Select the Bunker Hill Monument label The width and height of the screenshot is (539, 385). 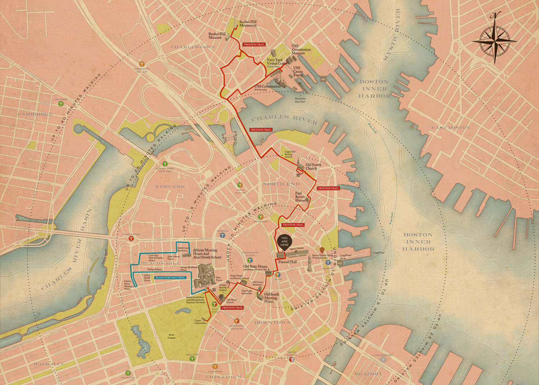[x=248, y=24]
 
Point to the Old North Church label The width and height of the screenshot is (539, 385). [x=311, y=167]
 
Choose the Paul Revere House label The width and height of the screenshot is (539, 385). [x=300, y=197]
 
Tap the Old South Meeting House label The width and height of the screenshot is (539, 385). [x=271, y=298]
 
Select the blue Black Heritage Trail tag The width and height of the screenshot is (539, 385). [x=170, y=277]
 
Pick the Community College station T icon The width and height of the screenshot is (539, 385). [x=142, y=64]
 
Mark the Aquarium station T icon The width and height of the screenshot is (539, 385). [x=328, y=263]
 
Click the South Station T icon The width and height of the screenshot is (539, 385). [x=292, y=358]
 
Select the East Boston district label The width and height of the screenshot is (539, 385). [x=451, y=128]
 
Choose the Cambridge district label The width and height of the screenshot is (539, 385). [x=36, y=114]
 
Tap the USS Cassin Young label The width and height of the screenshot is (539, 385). [x=298, y=71]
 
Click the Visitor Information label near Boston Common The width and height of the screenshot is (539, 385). [x=200, y=321]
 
